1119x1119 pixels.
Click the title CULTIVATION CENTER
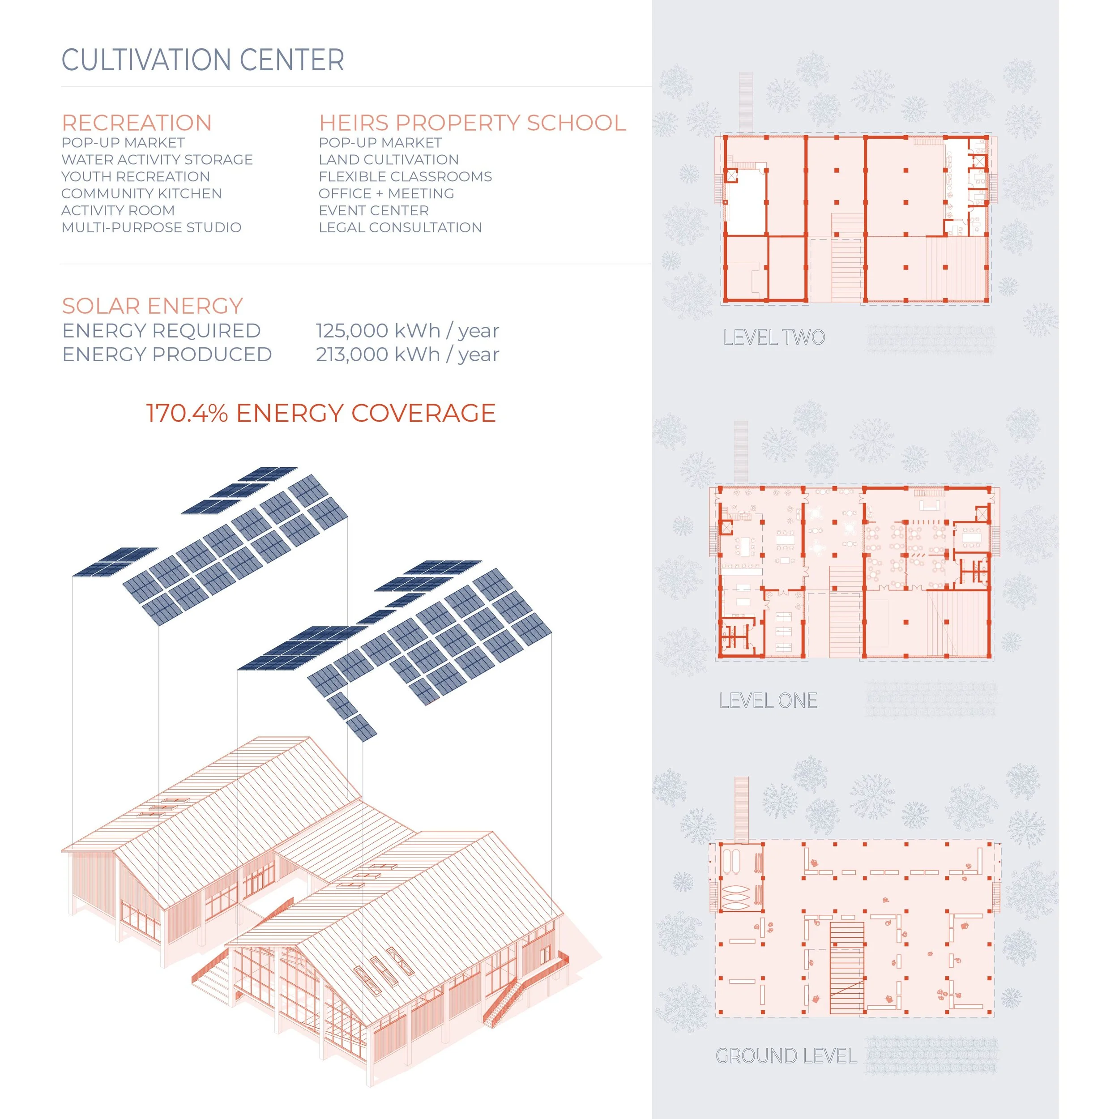(203, 60)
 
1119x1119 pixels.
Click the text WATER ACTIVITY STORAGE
(157, 159)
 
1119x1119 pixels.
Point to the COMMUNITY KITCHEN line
(141, 193)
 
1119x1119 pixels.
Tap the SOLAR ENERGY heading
(152, 306)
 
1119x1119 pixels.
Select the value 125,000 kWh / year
(407, 331)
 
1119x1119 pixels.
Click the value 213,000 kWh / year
(407, 354)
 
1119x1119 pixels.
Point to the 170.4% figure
(187, 414)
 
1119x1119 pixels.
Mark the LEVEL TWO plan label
(774, 337)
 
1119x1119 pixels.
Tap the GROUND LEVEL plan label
(786, 1056)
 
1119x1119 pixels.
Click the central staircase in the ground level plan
(847, 967)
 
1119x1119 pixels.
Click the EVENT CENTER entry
(374, 210)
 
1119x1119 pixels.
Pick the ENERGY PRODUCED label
(167, 354)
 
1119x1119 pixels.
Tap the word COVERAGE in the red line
(423, 414)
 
